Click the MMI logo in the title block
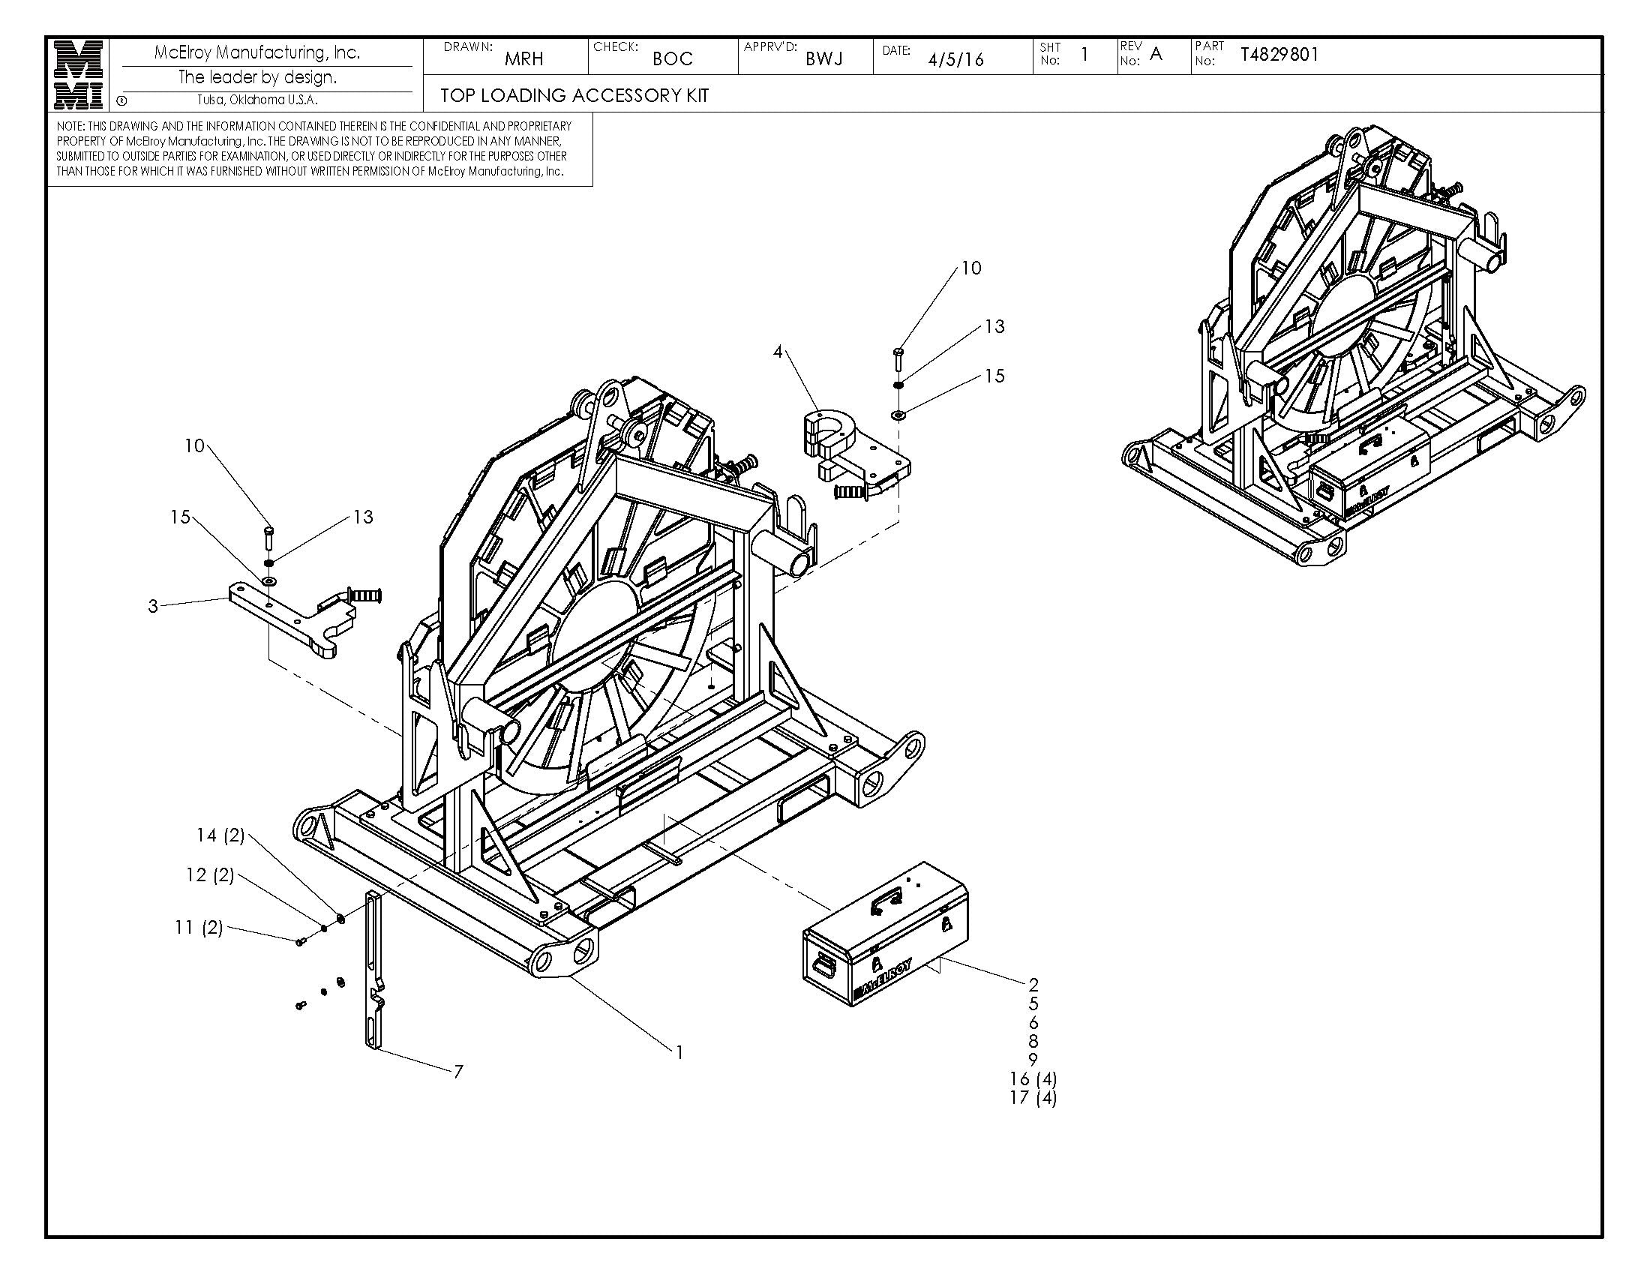[79, 75]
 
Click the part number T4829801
[1279, 55]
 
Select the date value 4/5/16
[955, 60]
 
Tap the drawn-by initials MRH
[523, 59]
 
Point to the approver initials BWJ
[823, 59]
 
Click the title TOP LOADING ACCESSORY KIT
[574, 95]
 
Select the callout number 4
[778, 352]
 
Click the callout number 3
[153, 607]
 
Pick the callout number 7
[457, 1071]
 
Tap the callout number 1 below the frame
[679, 1051]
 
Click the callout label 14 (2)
[220, 835]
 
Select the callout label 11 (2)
[199, 927]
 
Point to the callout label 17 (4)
[1033, 1097]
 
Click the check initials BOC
[673, 59]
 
